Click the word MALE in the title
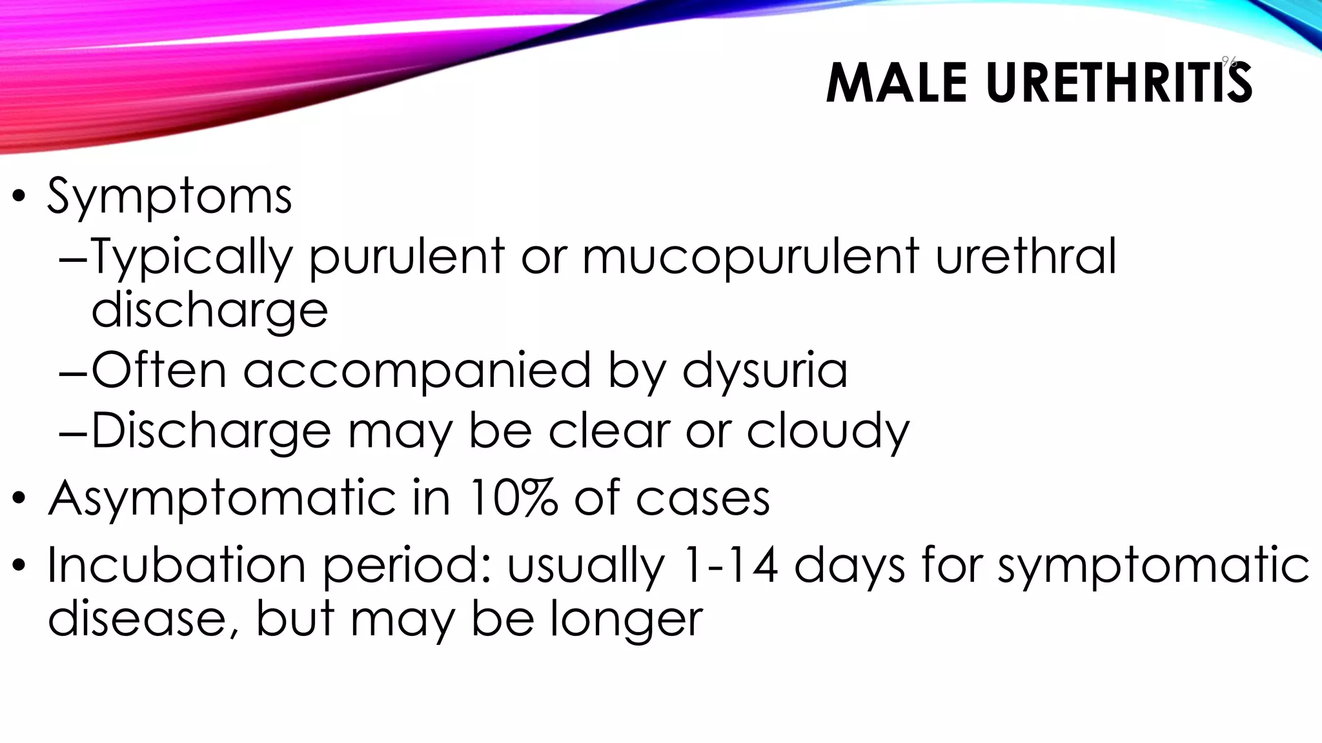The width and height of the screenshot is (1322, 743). (897, 83)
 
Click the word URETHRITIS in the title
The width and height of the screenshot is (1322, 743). (1119, 83)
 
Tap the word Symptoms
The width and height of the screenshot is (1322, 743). (169, 196)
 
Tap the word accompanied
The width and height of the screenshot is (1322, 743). (417, 371)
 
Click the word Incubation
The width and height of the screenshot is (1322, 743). (176, 564)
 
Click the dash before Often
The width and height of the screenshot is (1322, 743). (72, 373)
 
